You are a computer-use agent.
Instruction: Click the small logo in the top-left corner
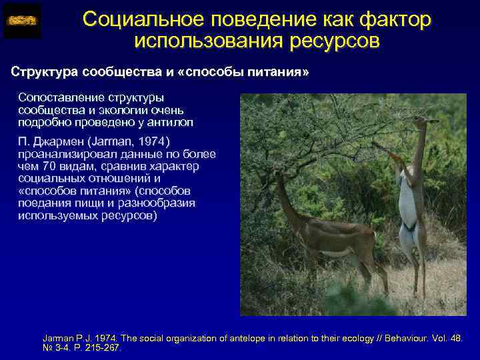22,21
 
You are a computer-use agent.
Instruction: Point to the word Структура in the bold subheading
43,71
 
